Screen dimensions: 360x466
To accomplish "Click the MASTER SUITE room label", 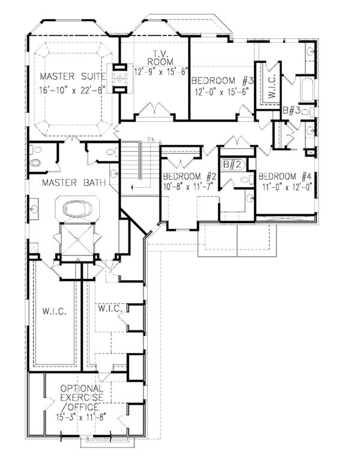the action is click(x=73, y=76).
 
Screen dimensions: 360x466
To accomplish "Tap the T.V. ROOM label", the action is click(x=160, y=58).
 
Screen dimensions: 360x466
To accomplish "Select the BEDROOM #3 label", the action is click(x=223, y=80).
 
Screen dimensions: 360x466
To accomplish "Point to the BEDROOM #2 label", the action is click(x=190, y=176).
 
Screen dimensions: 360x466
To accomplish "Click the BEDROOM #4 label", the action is click(x=285, y=176).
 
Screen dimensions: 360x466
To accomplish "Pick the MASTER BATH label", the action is click(x=74, y=182).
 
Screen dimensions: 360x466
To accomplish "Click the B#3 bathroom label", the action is click(x=292, y=111).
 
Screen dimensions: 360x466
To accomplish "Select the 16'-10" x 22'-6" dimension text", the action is click(x=70, y=91).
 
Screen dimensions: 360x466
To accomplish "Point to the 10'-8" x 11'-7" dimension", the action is click(x=188, y=187).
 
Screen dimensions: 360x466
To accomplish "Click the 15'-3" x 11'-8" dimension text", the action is click(x=81, y=417).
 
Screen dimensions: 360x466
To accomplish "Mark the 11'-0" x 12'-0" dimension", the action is click(x=287, y=187).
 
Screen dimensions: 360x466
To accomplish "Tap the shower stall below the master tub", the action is click(x=77, y=239).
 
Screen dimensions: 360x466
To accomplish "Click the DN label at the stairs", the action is click(x=151, y=139).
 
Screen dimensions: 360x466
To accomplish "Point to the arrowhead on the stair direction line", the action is click(x=133, y=188).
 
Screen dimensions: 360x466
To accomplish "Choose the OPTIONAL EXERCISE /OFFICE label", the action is click(x=82, y=398).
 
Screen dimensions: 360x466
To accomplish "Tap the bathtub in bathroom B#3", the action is click(x=307, y=89).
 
